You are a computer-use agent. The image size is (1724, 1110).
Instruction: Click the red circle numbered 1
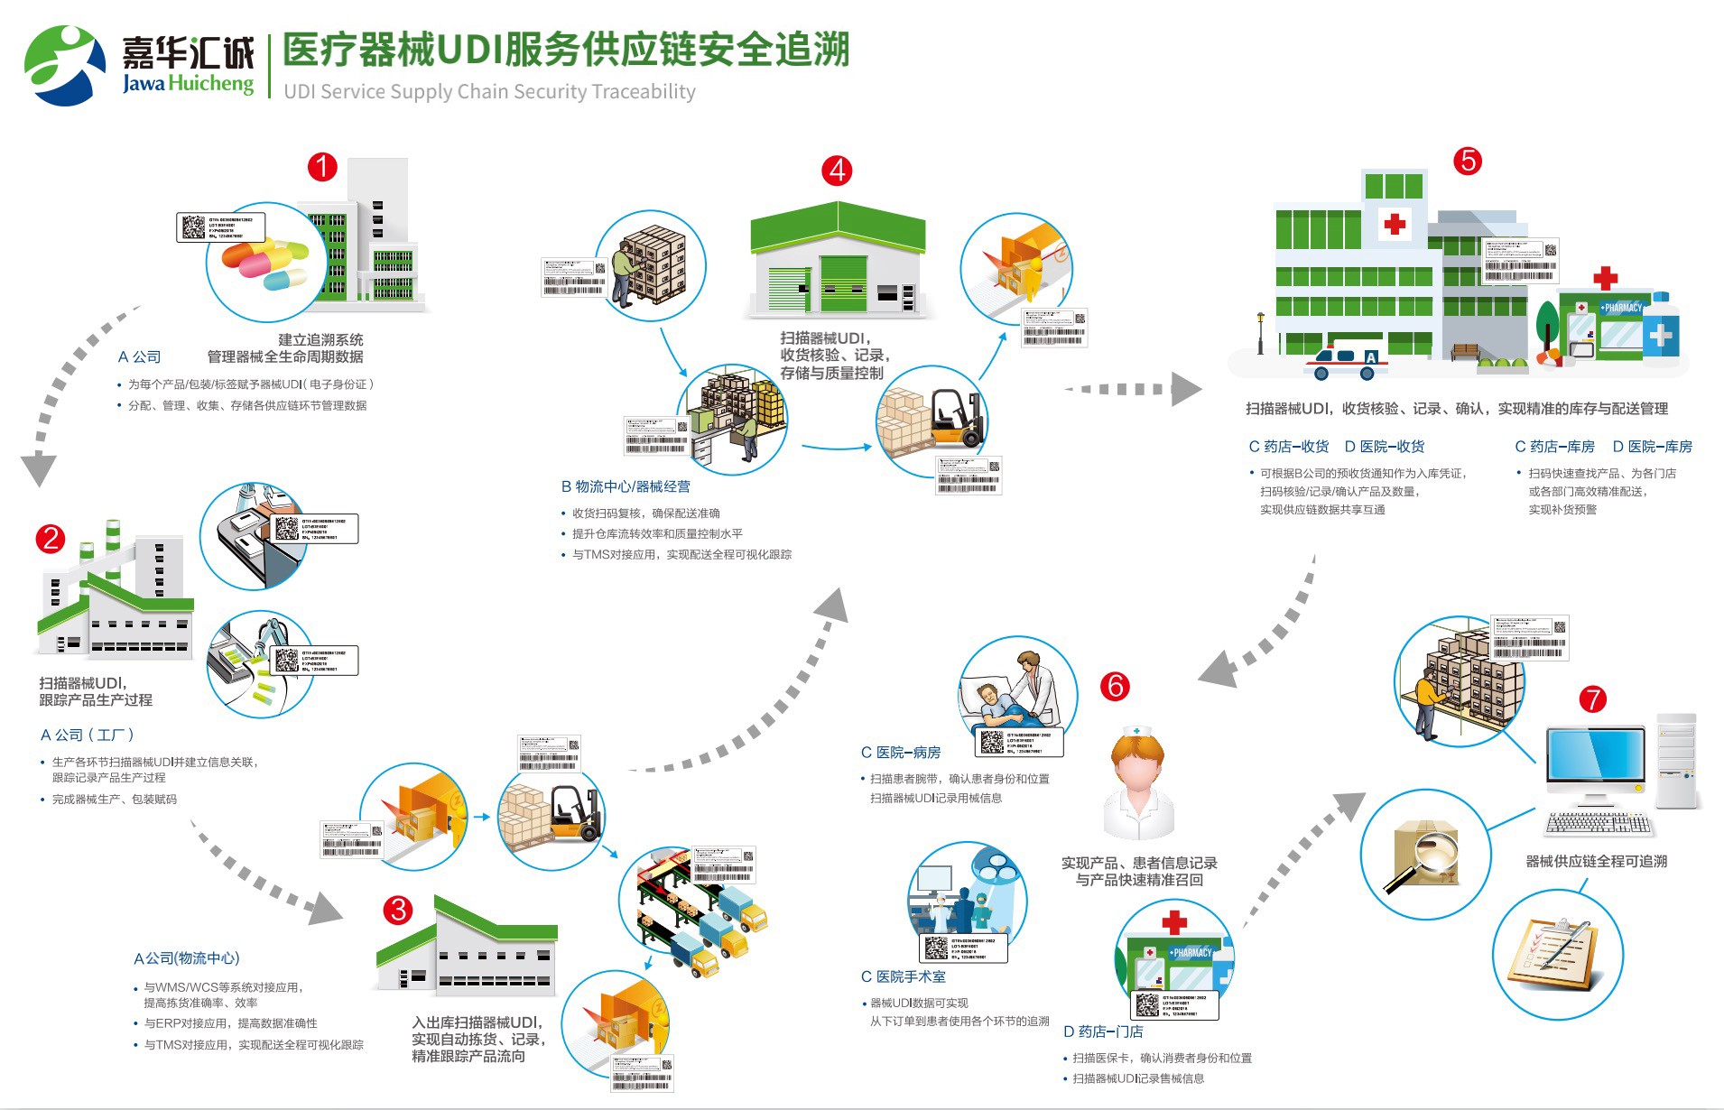322,167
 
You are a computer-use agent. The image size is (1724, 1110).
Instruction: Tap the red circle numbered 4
837,171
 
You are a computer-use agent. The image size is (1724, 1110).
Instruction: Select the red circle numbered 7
1592,699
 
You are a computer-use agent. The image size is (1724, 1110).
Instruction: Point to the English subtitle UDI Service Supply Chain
489,92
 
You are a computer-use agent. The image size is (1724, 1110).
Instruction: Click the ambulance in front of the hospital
1345,361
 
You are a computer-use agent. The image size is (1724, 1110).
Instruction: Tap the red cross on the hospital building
1395,224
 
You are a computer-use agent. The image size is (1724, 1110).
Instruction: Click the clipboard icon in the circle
1557,954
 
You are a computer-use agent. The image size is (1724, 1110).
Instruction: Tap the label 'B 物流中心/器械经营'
626,486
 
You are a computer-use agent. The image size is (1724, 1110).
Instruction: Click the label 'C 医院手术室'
904,976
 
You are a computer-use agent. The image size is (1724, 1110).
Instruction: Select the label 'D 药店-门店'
1103,1031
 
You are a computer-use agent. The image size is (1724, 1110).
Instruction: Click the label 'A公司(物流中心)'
187,958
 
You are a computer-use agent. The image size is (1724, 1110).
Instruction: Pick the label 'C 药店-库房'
1554,447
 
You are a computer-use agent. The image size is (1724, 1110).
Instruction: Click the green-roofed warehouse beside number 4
838,262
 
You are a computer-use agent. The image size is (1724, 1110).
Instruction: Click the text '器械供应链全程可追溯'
1596,862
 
